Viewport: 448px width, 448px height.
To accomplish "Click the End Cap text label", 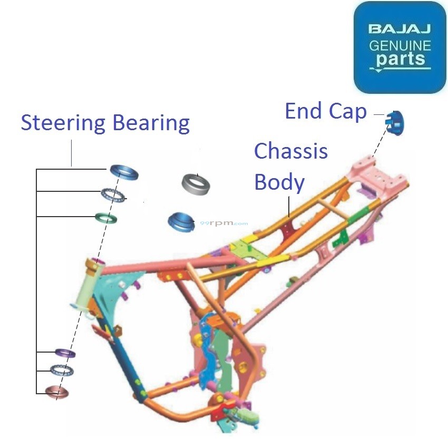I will click(326, 111).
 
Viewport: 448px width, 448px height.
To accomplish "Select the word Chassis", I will click(291, 152).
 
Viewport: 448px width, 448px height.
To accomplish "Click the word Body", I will click(279, 182).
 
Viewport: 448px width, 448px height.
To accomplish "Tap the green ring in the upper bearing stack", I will click(105, 217).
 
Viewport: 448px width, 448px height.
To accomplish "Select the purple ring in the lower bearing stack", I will click(65, 352).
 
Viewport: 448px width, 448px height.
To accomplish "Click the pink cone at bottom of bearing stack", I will click(57, 392).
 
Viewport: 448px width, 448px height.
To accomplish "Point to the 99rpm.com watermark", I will click(223, 223).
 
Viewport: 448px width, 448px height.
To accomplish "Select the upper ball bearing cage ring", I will click(114, 196).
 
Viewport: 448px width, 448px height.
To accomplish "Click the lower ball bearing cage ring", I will click(62, 370).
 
